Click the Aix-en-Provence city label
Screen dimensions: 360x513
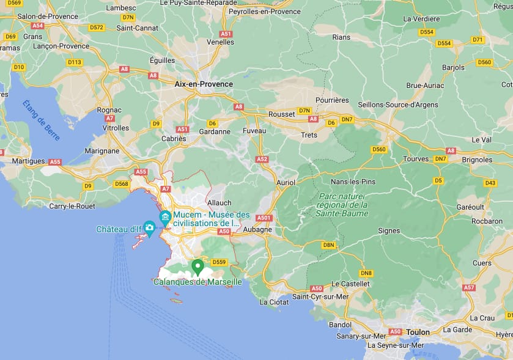(x=204, y=84)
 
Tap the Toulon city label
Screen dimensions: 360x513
(x=418, y=332)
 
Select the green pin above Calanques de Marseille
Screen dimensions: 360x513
(x=197, y=266)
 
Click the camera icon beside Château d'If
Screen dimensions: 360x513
(x=149, y=227)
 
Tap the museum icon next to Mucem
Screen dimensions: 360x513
(x=165, y=217)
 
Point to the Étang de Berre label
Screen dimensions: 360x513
(x=42, y=120)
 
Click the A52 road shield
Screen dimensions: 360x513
(x=262, y=159)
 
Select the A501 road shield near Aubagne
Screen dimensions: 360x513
(x=264, y=218)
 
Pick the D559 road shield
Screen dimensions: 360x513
(x=220, y=262)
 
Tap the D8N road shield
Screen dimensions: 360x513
(x=329, y=245)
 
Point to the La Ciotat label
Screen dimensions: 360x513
(x=273, y=302)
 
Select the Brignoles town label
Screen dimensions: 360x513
(x=478, y=160)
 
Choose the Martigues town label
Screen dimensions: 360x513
(x=29, y=161)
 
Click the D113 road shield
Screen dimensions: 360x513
(x=75, y=62)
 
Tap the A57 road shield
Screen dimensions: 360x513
(x=469, y=287)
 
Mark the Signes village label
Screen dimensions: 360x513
(x=389, y=231)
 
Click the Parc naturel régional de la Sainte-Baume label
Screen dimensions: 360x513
(x=343, y=205)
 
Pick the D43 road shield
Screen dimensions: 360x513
(x=490, y=183)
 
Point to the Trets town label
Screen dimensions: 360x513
(x=309, y=135)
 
